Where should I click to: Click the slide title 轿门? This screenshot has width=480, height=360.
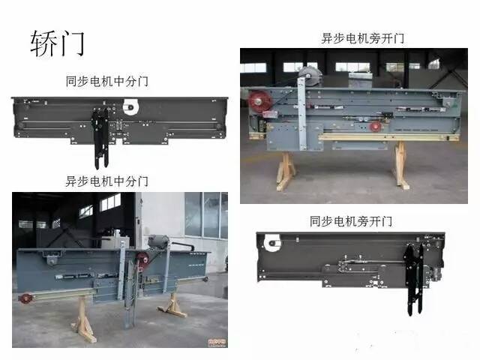pyautogui.click(x=57, y=43)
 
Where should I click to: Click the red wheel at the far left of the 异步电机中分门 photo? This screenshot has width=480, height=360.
pyautogui.click(x=28, y=298)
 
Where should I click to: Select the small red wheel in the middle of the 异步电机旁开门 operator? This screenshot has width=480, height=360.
pyautogui.click(x=375, y=126)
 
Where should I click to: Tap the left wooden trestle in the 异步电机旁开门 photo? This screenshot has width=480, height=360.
pyautogui.click(x=286, y=170)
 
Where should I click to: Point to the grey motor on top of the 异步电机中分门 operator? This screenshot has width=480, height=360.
pyautogui.click(x=159, y=242)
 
